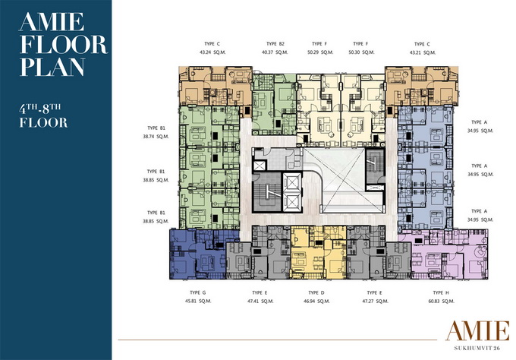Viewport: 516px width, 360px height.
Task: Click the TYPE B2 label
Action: [x=275, y=44]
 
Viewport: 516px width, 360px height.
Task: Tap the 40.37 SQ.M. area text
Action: [x=275, y=52]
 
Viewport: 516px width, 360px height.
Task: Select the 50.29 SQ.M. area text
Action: [x=320, y=52]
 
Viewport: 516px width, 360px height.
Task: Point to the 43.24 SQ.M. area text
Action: [x=212, y=52]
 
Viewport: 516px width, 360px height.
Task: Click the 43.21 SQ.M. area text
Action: [x=423, y=52]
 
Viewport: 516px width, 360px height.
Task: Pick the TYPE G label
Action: [x=198, y=292]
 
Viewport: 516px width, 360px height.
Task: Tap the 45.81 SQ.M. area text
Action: [x=198, y=301]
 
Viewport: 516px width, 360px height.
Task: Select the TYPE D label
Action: [x=316, y=293]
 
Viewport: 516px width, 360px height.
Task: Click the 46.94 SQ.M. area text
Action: [x=316, y=301]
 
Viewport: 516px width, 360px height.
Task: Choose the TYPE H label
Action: [x=441, y=293]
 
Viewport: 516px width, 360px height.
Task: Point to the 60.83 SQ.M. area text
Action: [x=442, y=301]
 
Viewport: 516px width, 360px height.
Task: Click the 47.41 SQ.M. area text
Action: [x=260, y=301]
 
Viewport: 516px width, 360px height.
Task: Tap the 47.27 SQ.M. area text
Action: [x=375, y=301]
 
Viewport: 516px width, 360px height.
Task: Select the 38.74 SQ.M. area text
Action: [x=156, y=137]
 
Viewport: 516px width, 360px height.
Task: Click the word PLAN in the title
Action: [x=52, y=68]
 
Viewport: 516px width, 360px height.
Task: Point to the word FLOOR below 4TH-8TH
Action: [x=43, y=123]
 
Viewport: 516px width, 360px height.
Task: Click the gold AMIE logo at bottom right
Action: [x=477, y=331]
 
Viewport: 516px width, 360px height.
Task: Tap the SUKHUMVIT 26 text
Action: [x=477, y=348]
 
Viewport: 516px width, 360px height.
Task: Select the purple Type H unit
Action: [x=444, y=254]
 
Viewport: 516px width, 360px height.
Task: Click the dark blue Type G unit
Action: [x=197, y=254]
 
